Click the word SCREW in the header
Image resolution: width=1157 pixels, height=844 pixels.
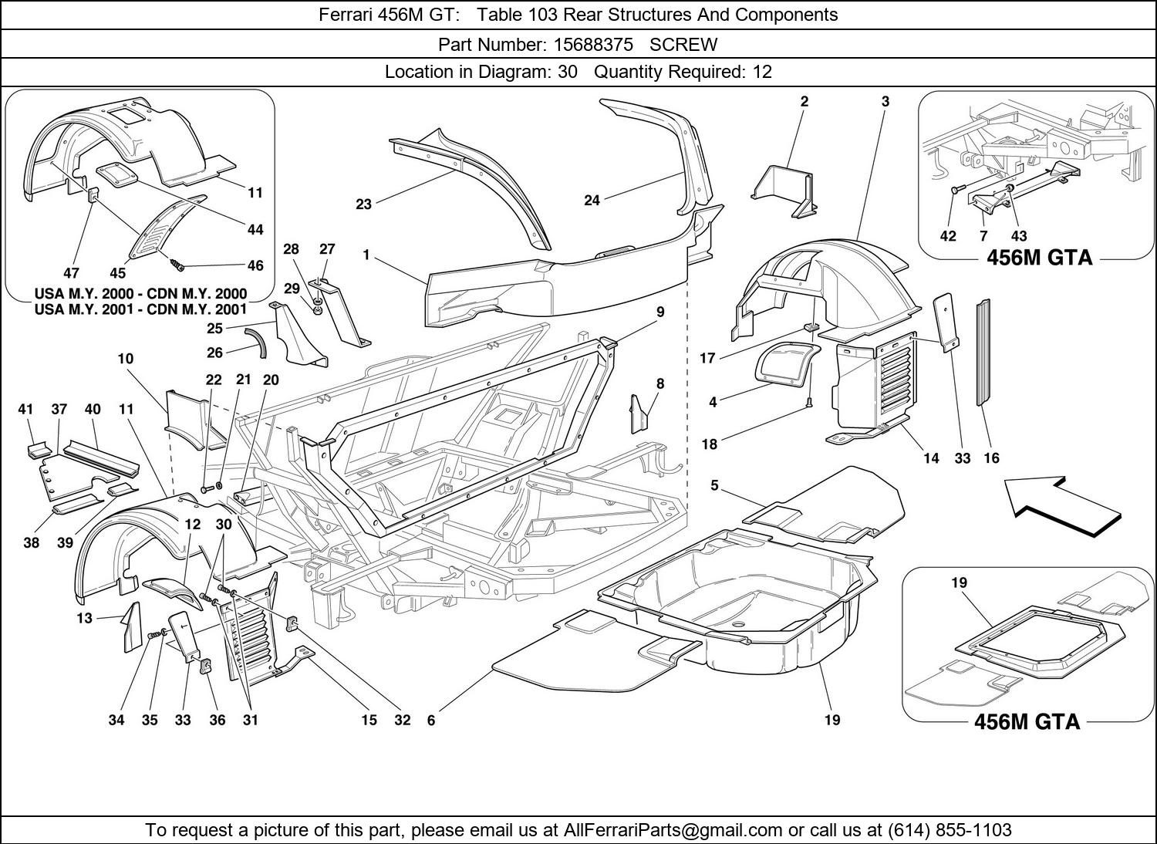pos(683,44)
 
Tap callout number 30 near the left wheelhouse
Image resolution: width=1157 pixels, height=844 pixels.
pos(224,524)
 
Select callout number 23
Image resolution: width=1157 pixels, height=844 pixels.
pos(363,204)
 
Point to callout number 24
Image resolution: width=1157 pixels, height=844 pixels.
pos(592,201)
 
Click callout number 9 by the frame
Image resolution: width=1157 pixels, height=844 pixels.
pos(660,312)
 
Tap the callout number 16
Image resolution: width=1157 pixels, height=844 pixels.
pos(991,458)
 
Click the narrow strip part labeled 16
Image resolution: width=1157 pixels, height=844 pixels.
pos(983,351)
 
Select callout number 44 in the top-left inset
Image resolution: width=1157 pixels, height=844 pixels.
pos(255,229)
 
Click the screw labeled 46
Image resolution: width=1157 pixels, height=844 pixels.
pos(178,265)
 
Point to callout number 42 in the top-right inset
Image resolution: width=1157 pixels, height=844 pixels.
pos(948,236)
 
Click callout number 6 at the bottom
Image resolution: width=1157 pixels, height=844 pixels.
pos(431,721)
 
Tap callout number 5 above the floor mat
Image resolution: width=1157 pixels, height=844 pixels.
pos(714,485)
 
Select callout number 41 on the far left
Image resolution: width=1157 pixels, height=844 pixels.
pos(26,410)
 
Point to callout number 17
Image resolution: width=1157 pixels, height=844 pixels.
pos(707,358)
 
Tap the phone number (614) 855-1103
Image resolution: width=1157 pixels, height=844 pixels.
pos(949,830)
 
